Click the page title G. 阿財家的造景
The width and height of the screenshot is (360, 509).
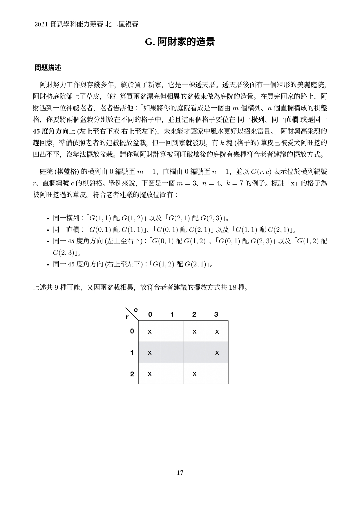(180, 42)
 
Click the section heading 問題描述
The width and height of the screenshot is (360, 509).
(48, 68)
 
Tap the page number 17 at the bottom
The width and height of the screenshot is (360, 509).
(180, 473)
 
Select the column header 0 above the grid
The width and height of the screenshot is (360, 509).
(150, 314)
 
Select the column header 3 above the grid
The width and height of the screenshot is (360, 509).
(216, 314)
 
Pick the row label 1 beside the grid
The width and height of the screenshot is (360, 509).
(132, 353)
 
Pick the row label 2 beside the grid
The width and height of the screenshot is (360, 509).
(132, 374)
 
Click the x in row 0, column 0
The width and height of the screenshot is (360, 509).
(150, 331)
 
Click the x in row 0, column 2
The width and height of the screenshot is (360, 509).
(194, 331)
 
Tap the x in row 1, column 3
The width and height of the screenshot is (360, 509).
(217, 353)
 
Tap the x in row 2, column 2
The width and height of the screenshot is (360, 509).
(194, 374)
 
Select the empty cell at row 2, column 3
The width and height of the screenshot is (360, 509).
(217, 373)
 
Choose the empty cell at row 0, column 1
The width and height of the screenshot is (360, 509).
(172, 331)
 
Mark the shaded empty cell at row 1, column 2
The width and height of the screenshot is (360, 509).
(194, 353)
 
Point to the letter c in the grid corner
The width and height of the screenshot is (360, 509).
(135, 310)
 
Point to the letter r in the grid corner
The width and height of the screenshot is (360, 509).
(127, 317)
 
